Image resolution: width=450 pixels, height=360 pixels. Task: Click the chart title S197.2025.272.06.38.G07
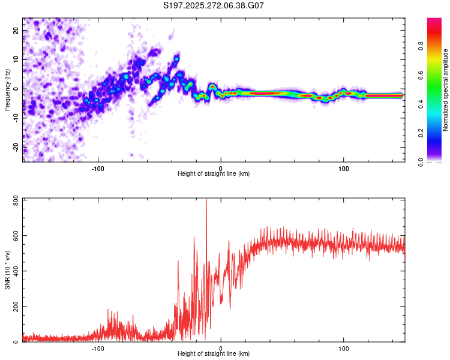point(214,5)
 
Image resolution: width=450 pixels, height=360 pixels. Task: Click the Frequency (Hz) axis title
point(7,89)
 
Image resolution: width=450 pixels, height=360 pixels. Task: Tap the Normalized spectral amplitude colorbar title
point(445,90)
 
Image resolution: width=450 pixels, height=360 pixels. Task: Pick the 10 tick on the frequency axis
point(17,59)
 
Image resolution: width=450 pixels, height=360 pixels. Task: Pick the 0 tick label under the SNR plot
point(221,348)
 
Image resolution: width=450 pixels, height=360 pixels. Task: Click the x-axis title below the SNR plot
point(214,354)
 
